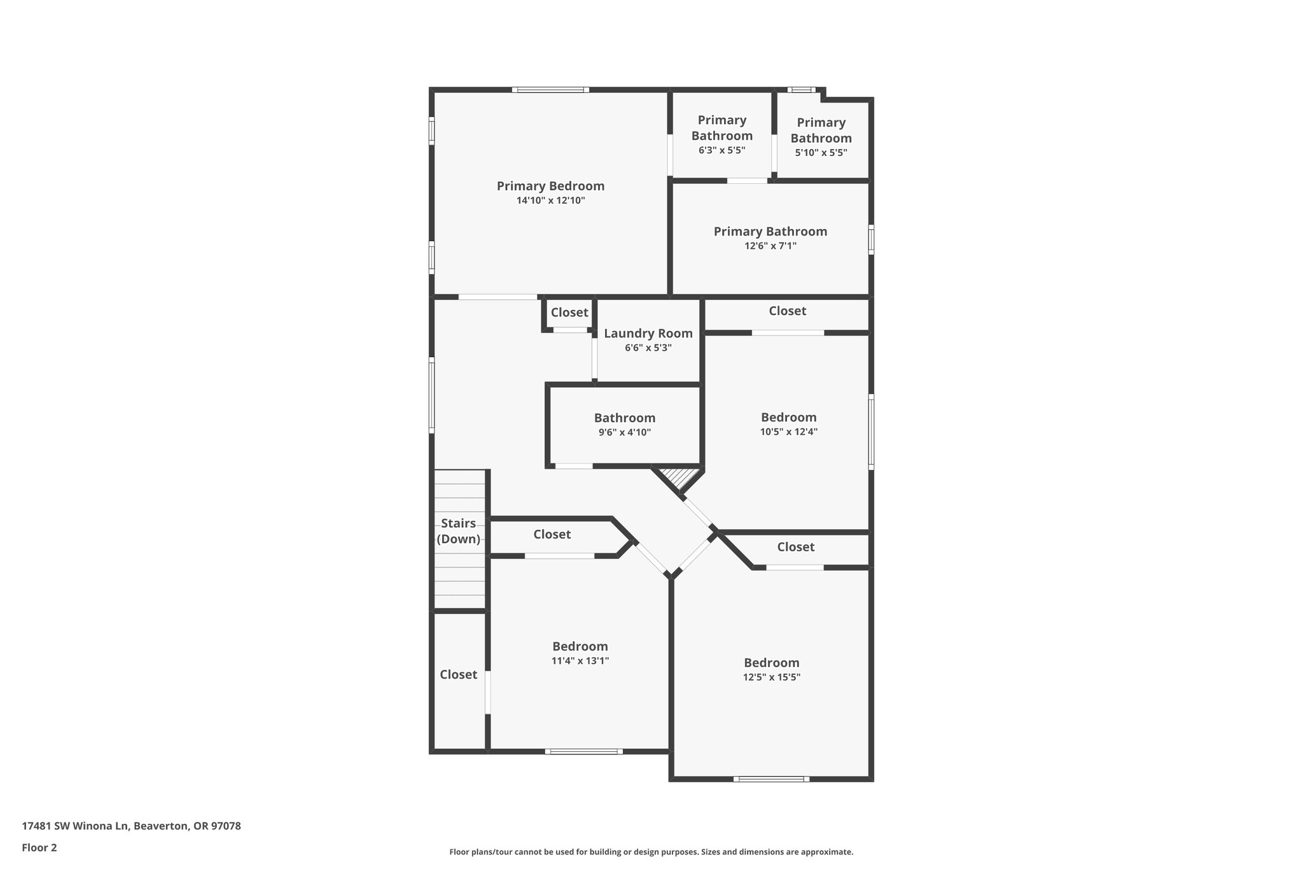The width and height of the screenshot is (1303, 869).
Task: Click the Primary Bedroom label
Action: pos(550,186)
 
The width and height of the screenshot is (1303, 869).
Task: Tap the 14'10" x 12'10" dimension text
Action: pos(550,201)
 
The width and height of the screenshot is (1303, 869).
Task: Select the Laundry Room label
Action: pos(648,333)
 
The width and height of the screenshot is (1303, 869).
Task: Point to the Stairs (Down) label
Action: pos(458,531)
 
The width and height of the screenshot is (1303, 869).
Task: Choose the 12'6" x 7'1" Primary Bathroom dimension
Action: pos(770,246)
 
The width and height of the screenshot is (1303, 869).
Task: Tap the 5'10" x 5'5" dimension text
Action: pos(821,153)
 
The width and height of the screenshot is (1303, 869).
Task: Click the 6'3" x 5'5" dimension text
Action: pos(721,150)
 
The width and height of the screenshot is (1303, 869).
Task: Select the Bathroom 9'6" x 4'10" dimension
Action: pos(624,432)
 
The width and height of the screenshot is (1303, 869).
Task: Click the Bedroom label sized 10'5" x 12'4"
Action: pos(788,417)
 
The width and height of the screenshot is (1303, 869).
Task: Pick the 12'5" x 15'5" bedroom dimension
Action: pos(771,677)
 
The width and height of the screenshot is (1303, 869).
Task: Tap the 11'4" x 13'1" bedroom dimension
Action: pos(580,661)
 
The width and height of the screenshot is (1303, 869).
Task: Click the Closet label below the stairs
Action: pos(458,674)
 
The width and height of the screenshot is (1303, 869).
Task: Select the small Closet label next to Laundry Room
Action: pos(569,313)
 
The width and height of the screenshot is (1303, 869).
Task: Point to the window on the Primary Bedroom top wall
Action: pos(550,90)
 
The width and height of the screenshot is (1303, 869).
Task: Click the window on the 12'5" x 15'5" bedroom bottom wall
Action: pos(771,779)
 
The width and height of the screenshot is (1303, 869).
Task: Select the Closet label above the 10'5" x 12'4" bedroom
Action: pos(787,311)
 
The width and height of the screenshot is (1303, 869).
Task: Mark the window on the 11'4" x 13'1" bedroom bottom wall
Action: pos(583,751)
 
